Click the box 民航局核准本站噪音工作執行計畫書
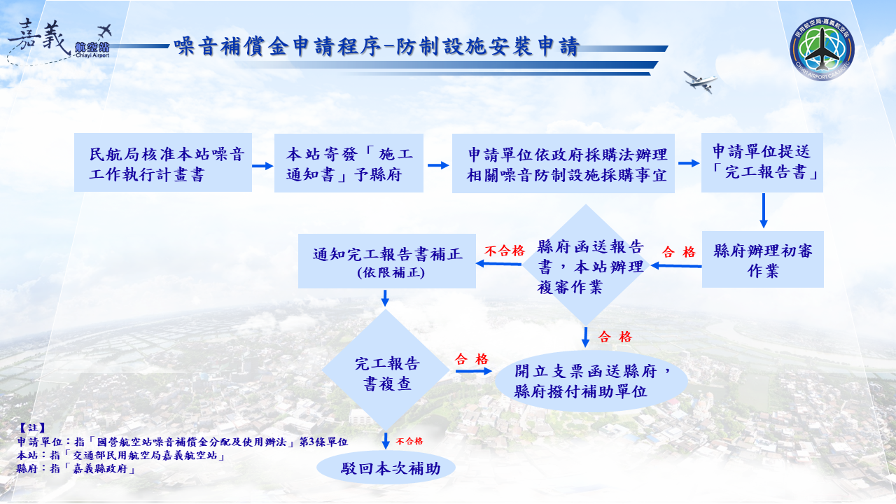click(163, 163)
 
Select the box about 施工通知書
click(349, 163)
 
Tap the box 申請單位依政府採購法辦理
click(563, 163)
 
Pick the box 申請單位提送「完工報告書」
click(762, 163)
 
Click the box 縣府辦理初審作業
click(762, 260)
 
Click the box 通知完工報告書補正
click(387, 261)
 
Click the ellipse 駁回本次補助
click(386, 468)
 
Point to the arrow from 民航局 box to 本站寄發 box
click(262, 166)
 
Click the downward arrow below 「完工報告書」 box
click(763, 211)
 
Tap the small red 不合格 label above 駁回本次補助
click(409, 441)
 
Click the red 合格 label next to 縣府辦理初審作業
click(678, 252)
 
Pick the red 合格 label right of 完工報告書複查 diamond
click(472, 359)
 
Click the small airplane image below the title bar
click(701, 80)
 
